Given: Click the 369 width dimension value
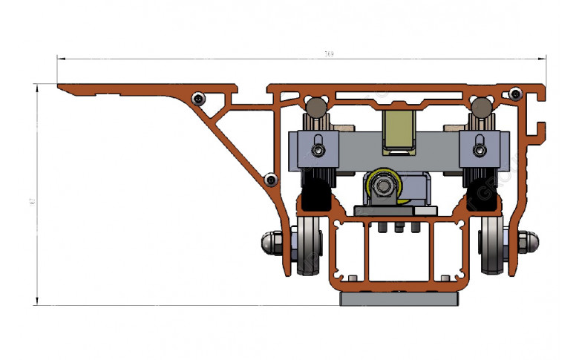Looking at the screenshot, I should [328, 53].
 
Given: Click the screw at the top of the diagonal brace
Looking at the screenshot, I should [198, 98].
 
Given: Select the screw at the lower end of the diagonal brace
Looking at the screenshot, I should [271, 179].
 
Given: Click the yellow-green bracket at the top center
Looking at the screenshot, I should [400, 132].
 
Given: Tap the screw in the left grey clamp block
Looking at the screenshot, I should [318, 151].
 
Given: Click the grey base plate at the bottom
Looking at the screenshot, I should [400, 299].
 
